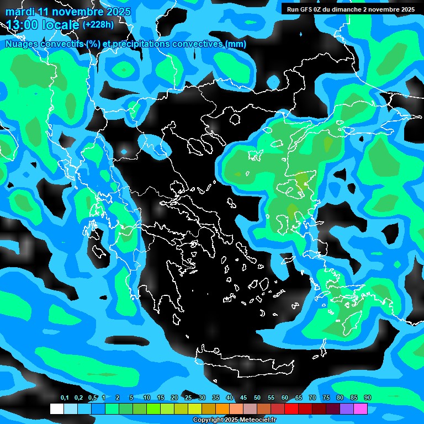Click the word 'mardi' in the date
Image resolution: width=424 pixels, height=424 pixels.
tap(20, 12)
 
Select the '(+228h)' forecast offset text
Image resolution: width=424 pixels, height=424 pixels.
tap(98, 24)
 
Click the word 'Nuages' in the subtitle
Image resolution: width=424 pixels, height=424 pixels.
tap(23, 44)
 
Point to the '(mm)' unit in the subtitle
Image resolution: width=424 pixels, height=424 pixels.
tap(235, 44)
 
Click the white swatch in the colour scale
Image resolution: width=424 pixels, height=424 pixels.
tap(57, 409)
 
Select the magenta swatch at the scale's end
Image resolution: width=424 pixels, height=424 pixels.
tap(361, 409)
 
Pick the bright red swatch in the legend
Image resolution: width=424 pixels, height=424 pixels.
tap(291, 409)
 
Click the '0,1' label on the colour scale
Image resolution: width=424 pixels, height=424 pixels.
tap(64, 398)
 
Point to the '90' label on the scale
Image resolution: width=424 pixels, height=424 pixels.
tap(368, 398)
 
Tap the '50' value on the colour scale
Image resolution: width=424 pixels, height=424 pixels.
tap(257, 398)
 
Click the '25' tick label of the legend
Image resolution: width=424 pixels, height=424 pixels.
tap(188, 398)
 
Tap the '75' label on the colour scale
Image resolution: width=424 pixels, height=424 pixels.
tap(326, 398)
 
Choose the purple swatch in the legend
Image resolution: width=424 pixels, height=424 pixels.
tap(347, 409)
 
